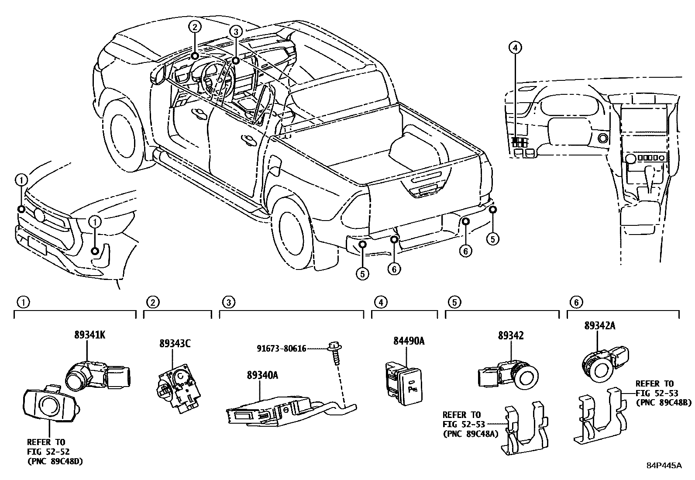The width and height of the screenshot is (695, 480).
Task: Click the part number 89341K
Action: [x=89, y=335]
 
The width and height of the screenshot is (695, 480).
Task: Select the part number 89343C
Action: [x=174, y=344]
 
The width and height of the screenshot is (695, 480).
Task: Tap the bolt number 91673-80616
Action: [x=282, y=349]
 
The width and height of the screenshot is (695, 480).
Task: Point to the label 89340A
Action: [x=262, y=374]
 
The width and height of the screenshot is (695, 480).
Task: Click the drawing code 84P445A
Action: [x=664, y=465]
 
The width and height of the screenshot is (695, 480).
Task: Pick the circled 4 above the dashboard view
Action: [x=515, y=47]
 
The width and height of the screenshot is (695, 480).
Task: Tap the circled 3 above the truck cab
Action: [x=235, y=31]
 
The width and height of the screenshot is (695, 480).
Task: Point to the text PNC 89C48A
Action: [x=470, y=434]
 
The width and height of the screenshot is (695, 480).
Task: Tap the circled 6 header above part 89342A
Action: [x=576, y=302]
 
